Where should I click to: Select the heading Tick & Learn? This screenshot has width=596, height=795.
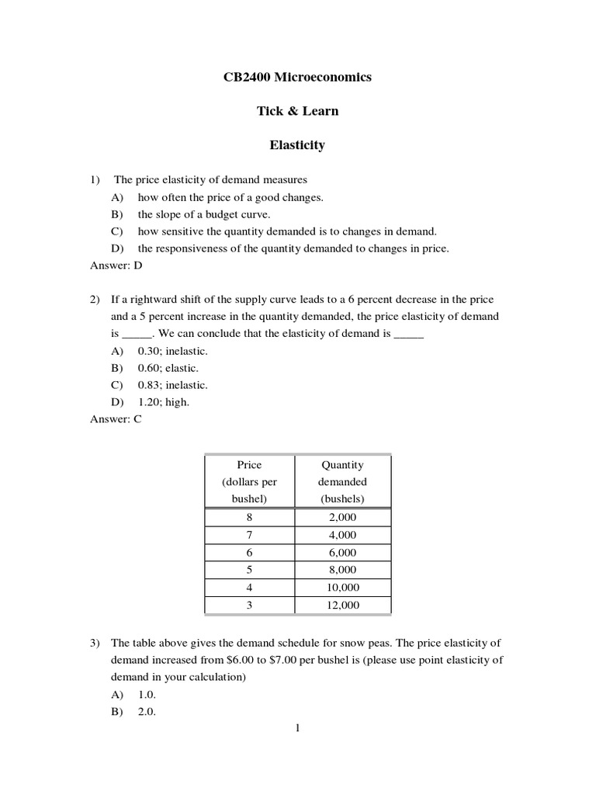[x=297, y=111]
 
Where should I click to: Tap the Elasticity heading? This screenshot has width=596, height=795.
[x=297, y=145]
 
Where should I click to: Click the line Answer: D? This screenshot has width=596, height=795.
[x=116, y=266]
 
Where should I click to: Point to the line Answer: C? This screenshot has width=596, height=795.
[x=116, y=419]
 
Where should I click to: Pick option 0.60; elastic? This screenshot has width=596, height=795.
[x=168, y=368]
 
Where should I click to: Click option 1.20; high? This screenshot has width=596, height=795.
[x=163, y=402]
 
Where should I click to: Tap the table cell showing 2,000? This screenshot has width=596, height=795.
[x=342, y=517]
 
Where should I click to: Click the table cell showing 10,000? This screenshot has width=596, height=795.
[x=342, y=588]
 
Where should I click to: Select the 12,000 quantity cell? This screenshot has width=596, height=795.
[x=342, y=606]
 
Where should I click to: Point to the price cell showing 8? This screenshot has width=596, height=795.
[x=249, y=517]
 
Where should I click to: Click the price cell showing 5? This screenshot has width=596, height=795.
[x=249, y=570]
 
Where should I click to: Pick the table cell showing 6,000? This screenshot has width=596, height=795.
[x=342, y=553]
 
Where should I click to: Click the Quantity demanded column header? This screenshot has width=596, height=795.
[x=342, y=481]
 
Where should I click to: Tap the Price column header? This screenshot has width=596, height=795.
[x=249, y=481]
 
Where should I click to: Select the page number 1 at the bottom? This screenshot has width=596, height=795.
[x=297, y=728]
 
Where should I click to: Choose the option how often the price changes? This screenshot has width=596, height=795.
[x=230, y=197]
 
